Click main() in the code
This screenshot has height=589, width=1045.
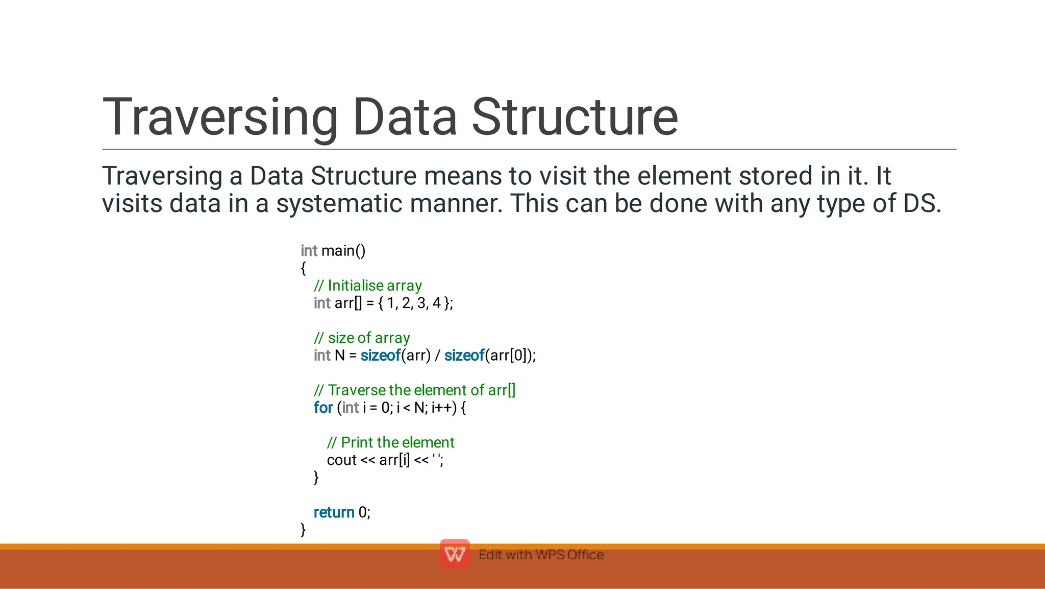[343, 251]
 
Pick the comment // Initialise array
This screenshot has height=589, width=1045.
[368, 286]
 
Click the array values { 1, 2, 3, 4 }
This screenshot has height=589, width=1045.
[414, 303]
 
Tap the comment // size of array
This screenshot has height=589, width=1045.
[362, 338]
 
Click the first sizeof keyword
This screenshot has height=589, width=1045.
[380, 356]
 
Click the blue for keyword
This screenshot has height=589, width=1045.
[323, 408]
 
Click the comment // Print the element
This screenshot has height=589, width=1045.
[390, 442]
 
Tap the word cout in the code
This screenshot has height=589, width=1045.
[341, 460]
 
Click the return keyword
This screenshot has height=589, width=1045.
[334, 512]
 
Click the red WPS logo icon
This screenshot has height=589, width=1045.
[455, 554]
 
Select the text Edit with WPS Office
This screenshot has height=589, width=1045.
[541, 555]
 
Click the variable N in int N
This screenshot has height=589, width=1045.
[340, 356]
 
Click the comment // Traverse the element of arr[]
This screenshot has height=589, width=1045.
[414, 390]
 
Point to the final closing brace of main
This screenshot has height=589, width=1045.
[303, 530]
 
